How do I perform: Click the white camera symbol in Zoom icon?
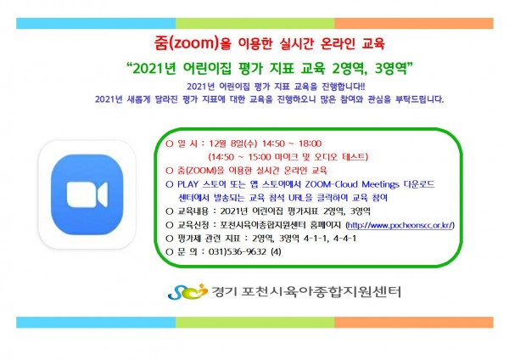tap(87, 194)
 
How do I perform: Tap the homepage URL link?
tap(400, 225)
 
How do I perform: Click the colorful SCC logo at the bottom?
tap(187, 291)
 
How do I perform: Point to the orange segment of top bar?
tap(414, 24)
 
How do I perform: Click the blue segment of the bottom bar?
tap(96, 323)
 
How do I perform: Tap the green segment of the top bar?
tap(255, 24)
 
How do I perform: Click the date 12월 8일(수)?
tap(232, 143)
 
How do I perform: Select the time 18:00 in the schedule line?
tap(310, 143)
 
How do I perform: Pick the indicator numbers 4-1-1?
tap(316, 239)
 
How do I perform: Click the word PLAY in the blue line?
tap(187, 184)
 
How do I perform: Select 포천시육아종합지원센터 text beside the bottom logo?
tap(321, 291)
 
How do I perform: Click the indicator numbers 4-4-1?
tap(344, 239)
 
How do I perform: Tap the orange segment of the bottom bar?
tap(414, 323)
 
